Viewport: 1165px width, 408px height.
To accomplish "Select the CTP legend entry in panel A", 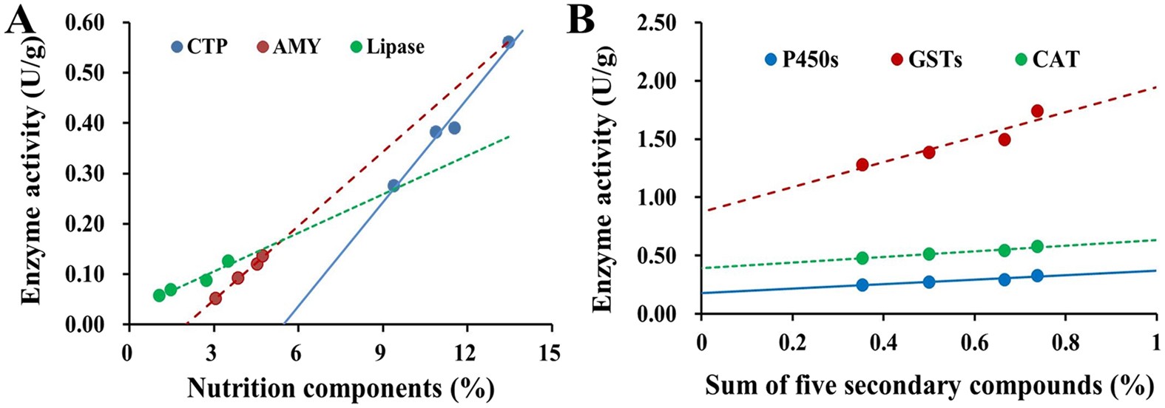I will point(198,47).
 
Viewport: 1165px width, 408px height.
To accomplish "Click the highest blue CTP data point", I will point(508,42).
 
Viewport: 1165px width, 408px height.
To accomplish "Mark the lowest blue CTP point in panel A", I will point(394,186).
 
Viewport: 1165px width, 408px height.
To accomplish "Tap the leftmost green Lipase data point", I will point(159,295).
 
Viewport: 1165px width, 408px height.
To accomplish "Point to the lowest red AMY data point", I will point(215,299).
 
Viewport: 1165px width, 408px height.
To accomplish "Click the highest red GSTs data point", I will point(1037,111).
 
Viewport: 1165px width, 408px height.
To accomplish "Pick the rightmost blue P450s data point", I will point(1037,276).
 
